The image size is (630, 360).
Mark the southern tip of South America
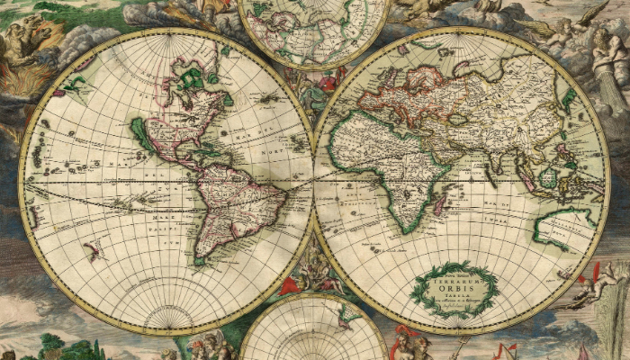pyautogui.click(x=201, y=262)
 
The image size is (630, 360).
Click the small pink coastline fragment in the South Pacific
pyautogui.click(x=91, y=251)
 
